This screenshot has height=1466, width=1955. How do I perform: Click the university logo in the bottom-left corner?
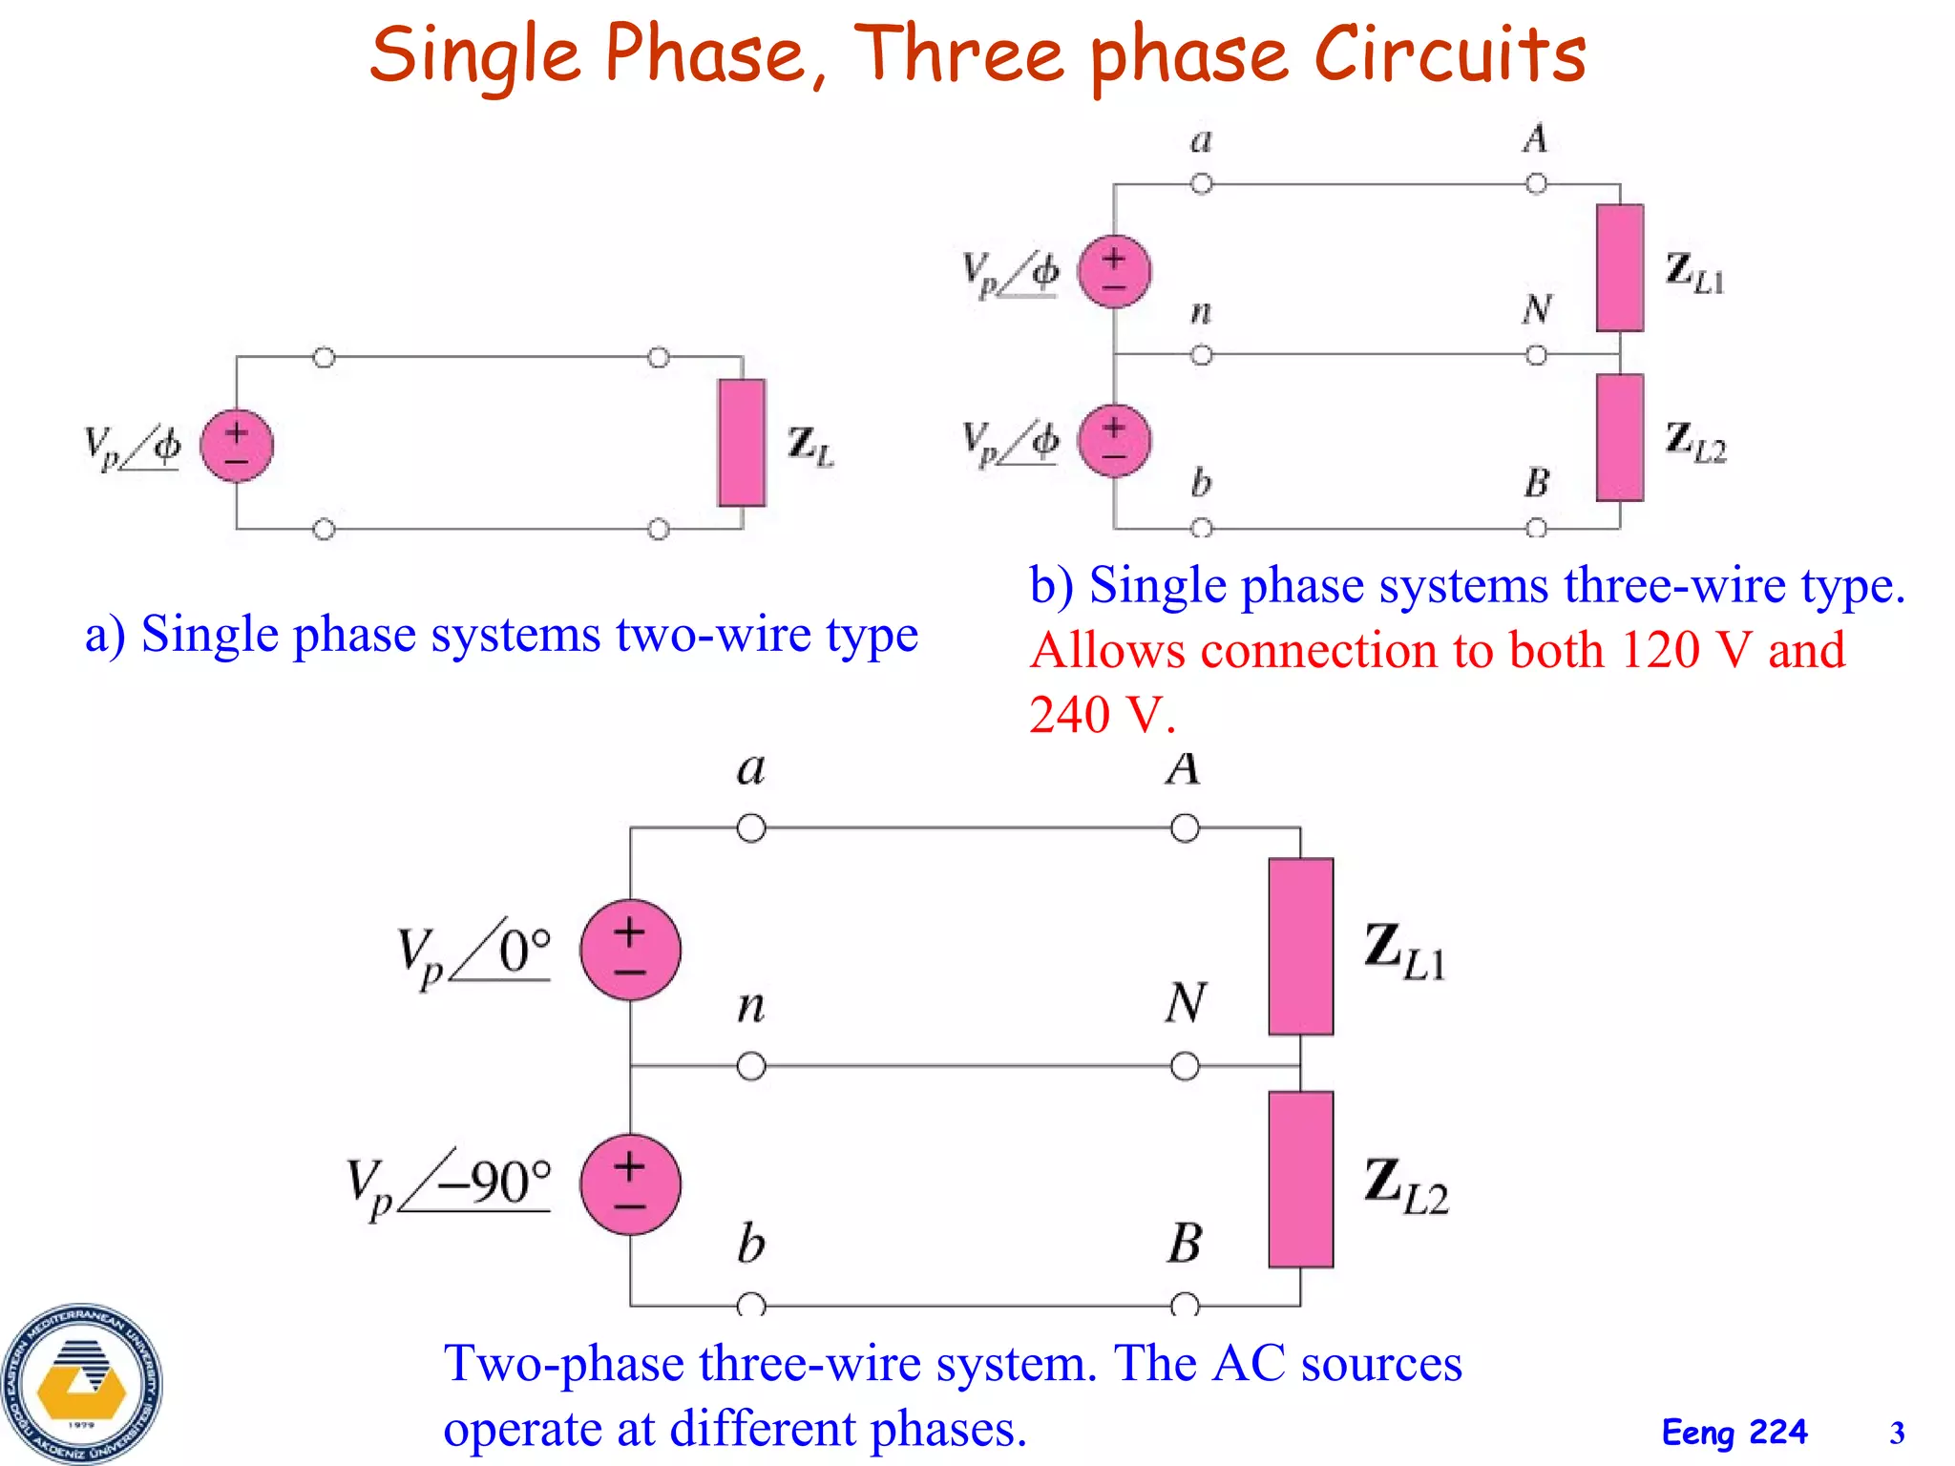tap(82, 1383)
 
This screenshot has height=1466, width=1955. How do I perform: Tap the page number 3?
tap(1896, 1433)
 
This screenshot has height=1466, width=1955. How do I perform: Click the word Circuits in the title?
tap(1449, 54)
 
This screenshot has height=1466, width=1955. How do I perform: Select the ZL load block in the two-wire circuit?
tap(742, 442)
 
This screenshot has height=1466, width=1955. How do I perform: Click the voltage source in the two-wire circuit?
tap(237, 446)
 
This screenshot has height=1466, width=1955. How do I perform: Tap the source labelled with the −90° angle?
tap(630, 1184)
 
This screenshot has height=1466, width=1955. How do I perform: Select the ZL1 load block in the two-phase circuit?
tap(1300, 946)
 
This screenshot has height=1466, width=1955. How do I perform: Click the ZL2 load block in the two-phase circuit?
tap(1300, 1180)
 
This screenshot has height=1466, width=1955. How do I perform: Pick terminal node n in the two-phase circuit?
tap(751, 1065)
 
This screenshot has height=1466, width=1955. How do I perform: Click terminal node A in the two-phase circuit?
tap(1185, 827)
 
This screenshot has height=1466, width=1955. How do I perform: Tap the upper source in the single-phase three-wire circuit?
tap(1114, 271)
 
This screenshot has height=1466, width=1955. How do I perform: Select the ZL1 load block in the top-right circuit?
tap(1620, 267)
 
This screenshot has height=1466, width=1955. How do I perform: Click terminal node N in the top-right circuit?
tap(1536, 355)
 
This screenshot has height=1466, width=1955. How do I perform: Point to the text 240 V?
tap(1102, 714)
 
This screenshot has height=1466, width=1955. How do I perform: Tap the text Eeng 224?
tap(1734, 1433)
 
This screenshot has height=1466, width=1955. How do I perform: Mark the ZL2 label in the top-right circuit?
tap(1695, 442)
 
